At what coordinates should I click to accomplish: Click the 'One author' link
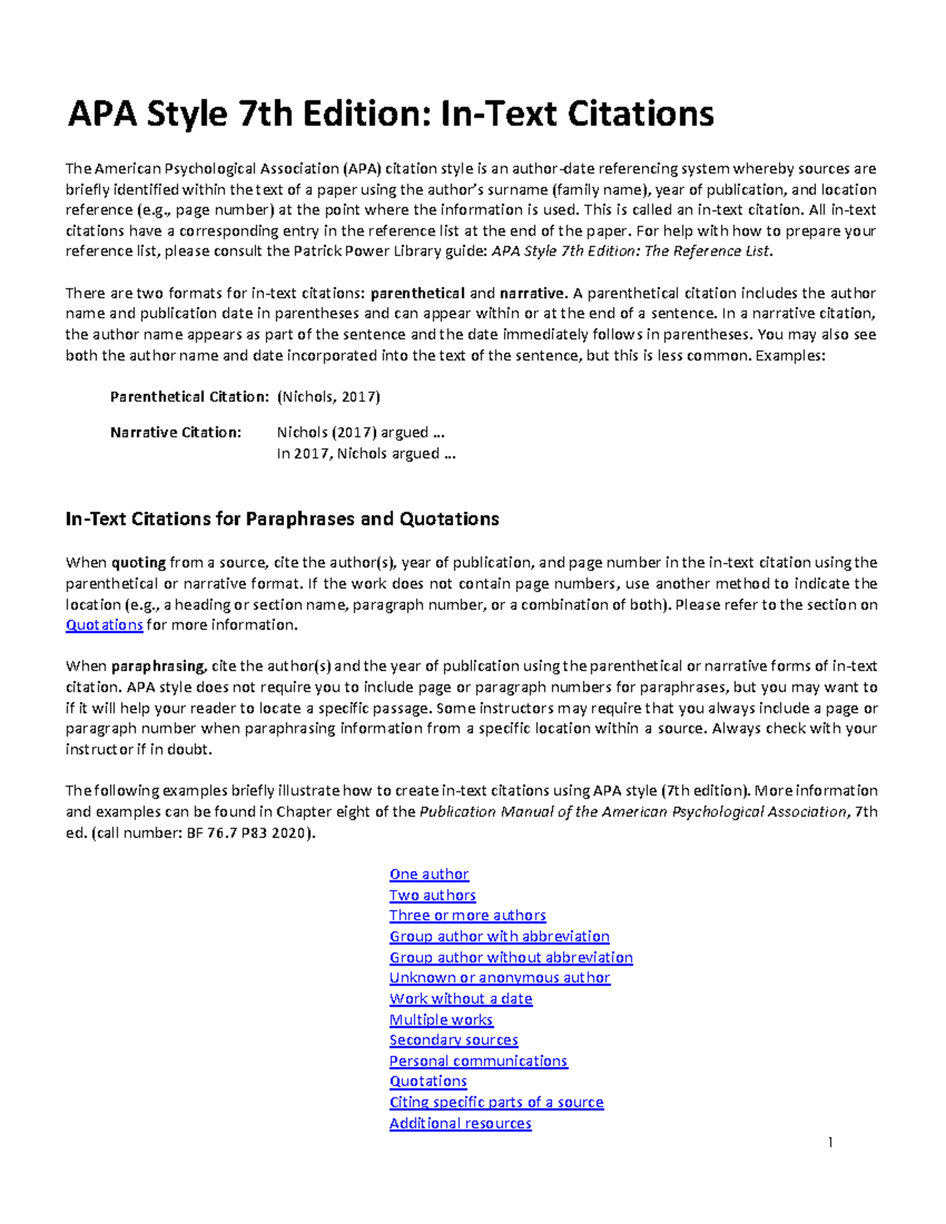(x=429, y=874)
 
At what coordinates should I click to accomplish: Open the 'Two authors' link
(x=432, y=895)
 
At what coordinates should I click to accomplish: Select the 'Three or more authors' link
(x=467, y=916)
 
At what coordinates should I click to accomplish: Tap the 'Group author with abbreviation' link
(x=499, y=936)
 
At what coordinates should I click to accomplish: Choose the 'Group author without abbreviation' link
(x=511, y=958)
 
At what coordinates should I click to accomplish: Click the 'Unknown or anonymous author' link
(x=499, y=978)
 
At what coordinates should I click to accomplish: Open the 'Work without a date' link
(x=460, y=999)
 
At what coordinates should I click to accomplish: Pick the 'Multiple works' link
(x=441, y=1020)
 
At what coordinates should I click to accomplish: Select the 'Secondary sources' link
(x=453, y=1040)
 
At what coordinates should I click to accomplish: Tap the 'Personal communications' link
(x=478, y=1061)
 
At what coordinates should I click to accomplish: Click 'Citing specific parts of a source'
(x=496, y=1103)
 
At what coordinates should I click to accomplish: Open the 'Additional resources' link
(x=460, y=1123)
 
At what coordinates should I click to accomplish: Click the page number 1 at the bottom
(x=830, y=1143)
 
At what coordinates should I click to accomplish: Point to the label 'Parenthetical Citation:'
(x=189, y=397)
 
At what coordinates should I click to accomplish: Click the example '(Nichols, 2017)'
(x=329, y=397)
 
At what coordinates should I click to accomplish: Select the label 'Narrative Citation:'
(x=176, y=433)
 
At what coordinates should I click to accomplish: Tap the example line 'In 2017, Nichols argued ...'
(x=366, y=454)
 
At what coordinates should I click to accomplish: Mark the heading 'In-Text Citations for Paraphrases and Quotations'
(x=282, y=519)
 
